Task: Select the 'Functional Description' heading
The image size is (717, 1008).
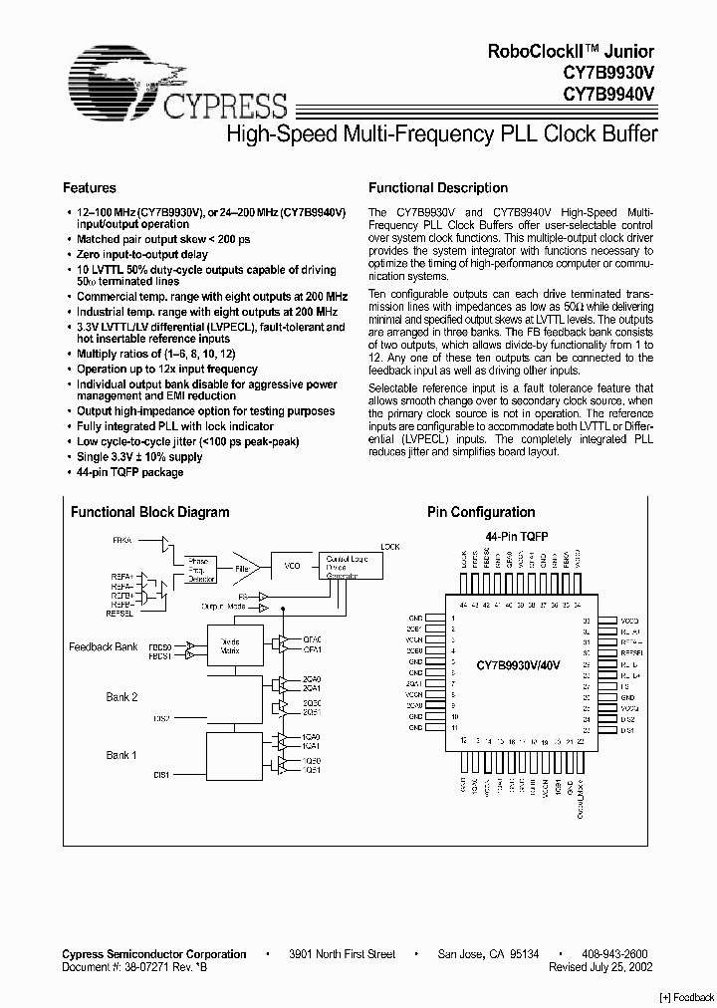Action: tap(437, 188)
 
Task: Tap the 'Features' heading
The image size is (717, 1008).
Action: tap(90, 188)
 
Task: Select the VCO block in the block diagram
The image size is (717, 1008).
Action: tap(292, 565)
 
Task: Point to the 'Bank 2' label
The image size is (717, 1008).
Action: tap(121, 696)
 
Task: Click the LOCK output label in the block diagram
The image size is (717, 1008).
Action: tap(390, 547)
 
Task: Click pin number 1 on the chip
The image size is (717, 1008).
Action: tap(452, 619)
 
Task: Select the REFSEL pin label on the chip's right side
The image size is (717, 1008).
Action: tap(632, 652)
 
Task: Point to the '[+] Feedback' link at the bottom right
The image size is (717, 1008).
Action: tap(687, 997)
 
